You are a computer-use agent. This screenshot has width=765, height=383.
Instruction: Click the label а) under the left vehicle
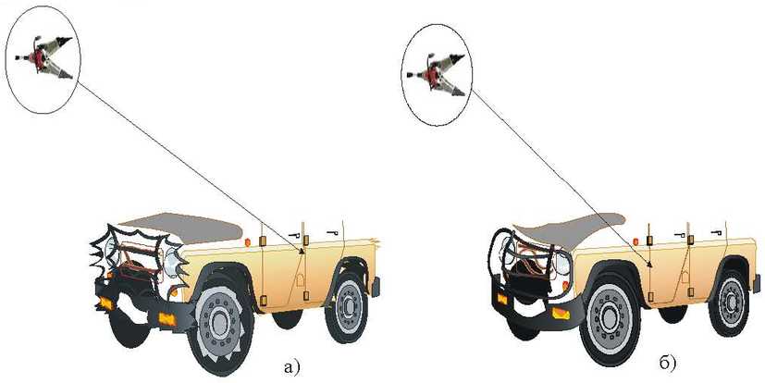click(291, 366)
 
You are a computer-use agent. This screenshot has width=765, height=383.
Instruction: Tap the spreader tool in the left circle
click(43, 57)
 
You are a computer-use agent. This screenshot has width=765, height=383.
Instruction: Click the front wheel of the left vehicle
click(220, 323)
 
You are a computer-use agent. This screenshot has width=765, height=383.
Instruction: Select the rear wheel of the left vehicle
click(346, 305)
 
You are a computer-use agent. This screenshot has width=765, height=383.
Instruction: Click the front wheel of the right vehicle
click(610, 317)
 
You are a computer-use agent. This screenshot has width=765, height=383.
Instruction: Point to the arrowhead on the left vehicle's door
click(302, 251)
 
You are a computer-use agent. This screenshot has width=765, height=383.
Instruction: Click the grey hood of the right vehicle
click(570, 229)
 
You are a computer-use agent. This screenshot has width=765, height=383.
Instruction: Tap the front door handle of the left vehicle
click(294, 235)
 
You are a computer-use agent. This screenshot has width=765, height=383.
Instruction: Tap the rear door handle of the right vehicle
click(717, 232)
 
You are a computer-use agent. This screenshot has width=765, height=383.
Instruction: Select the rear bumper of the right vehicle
click(757, 284)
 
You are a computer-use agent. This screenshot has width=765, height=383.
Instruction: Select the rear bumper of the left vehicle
click(376, 287)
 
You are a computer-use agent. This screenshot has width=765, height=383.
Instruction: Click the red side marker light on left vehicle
click(247, 242)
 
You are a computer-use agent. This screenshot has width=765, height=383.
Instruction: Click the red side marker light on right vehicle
click(635, 241)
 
